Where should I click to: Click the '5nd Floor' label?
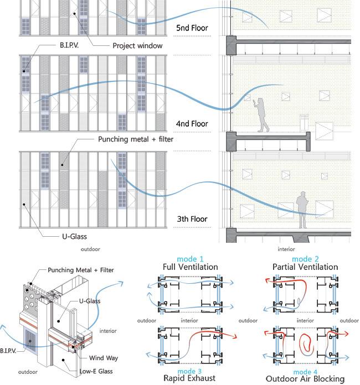point(192,28)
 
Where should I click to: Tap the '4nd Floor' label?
point(192,123)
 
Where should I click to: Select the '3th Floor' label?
point(192,219)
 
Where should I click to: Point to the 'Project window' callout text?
point(137,45)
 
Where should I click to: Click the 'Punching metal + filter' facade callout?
point(136,139)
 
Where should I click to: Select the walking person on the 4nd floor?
point(263,114)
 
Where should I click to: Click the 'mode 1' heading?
point(190,258)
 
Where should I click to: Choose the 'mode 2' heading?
point(305,258)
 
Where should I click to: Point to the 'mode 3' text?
point(190,371)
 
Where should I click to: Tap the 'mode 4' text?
point(305,371)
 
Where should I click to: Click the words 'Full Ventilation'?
point(190,267)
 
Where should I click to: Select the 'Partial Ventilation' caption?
point(305,267)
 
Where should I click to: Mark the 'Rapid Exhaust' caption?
point(190,379)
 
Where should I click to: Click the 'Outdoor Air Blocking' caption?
point(305,379)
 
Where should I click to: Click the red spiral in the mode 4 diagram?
point(305,345)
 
